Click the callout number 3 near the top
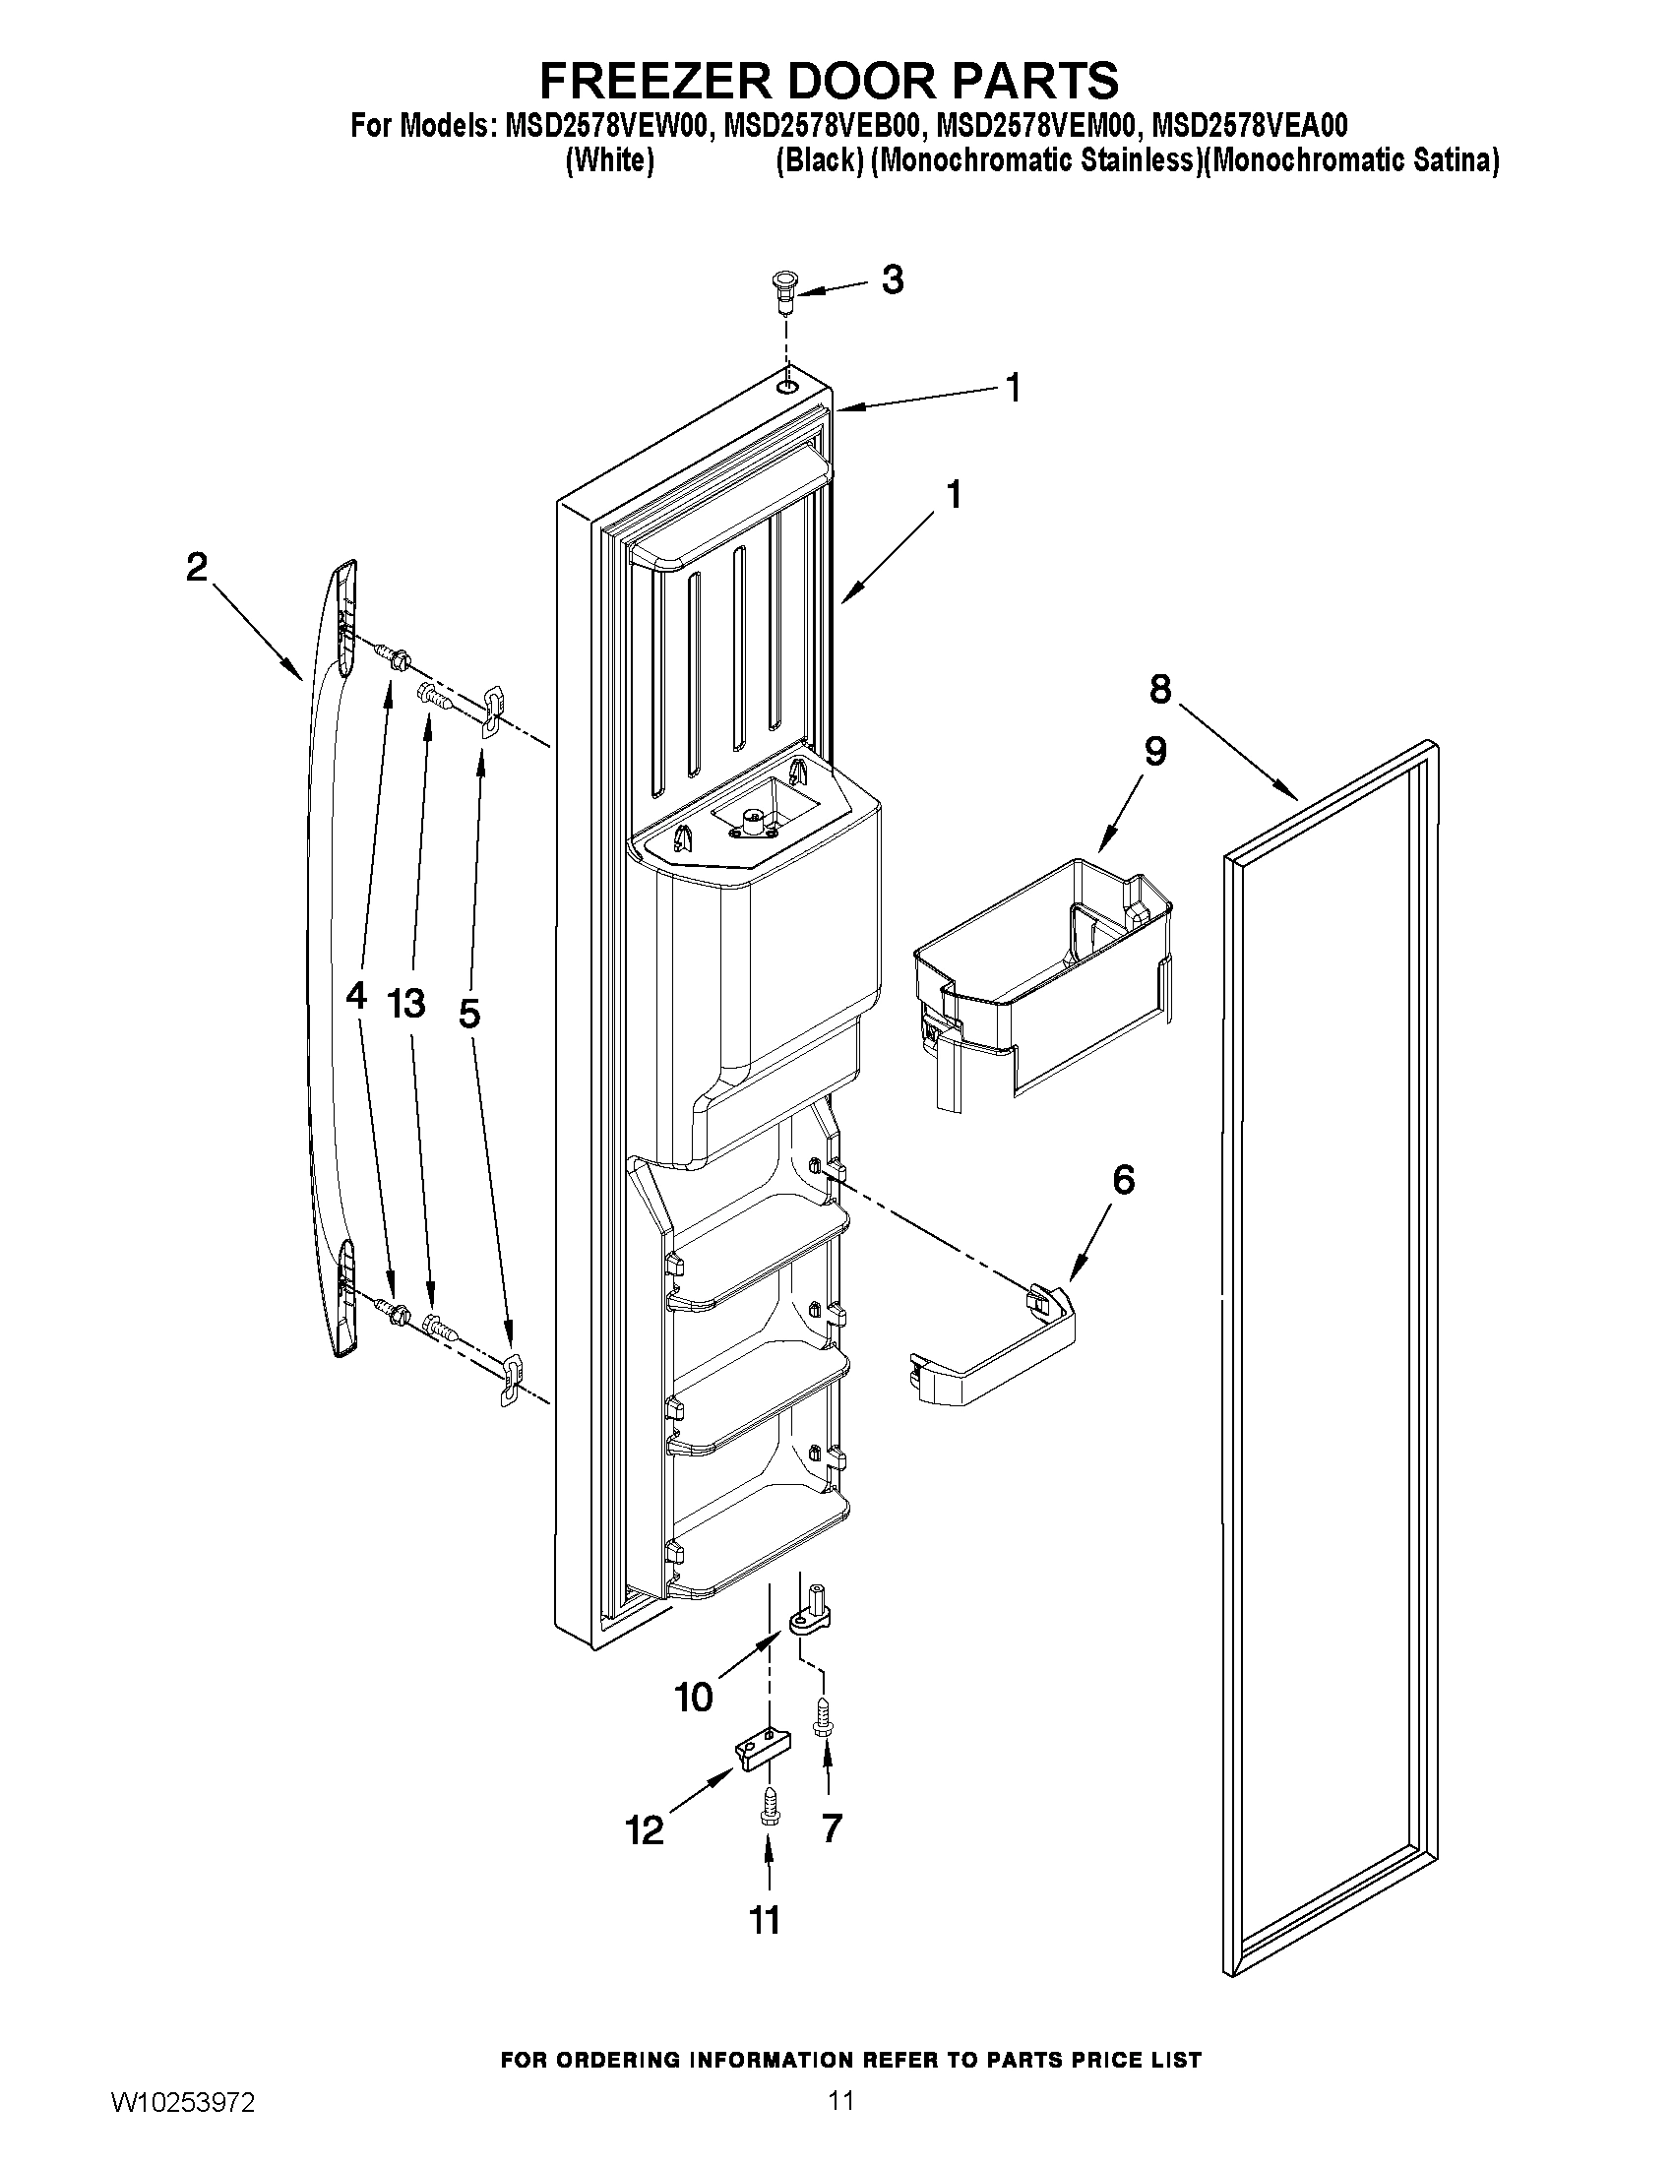tap(893, 280)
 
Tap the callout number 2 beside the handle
tap(197, 568)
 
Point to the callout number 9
tap(1155, 751)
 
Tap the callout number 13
tap(406, 1003)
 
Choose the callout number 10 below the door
tap(694, 1698)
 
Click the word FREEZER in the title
tap(682, 79)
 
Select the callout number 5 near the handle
tap(469, 1014)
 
